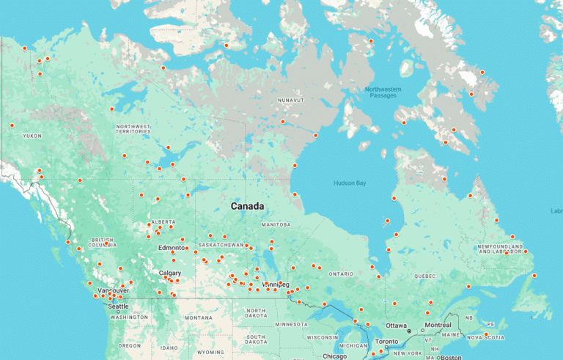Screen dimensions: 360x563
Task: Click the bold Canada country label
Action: [247, 206]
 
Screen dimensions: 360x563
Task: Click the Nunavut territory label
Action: [290, 100]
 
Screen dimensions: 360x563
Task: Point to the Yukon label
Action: [32, 136]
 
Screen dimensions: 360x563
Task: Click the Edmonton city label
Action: [172, 248]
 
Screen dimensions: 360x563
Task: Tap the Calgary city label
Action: [169, 273]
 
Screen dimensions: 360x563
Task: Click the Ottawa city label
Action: [396, 325]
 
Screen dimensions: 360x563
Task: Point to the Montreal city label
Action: [438, 325]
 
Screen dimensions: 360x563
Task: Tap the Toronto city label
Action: [387, 342]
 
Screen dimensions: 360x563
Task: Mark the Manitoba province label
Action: [276, 224]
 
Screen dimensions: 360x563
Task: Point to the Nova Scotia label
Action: [484, 337]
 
